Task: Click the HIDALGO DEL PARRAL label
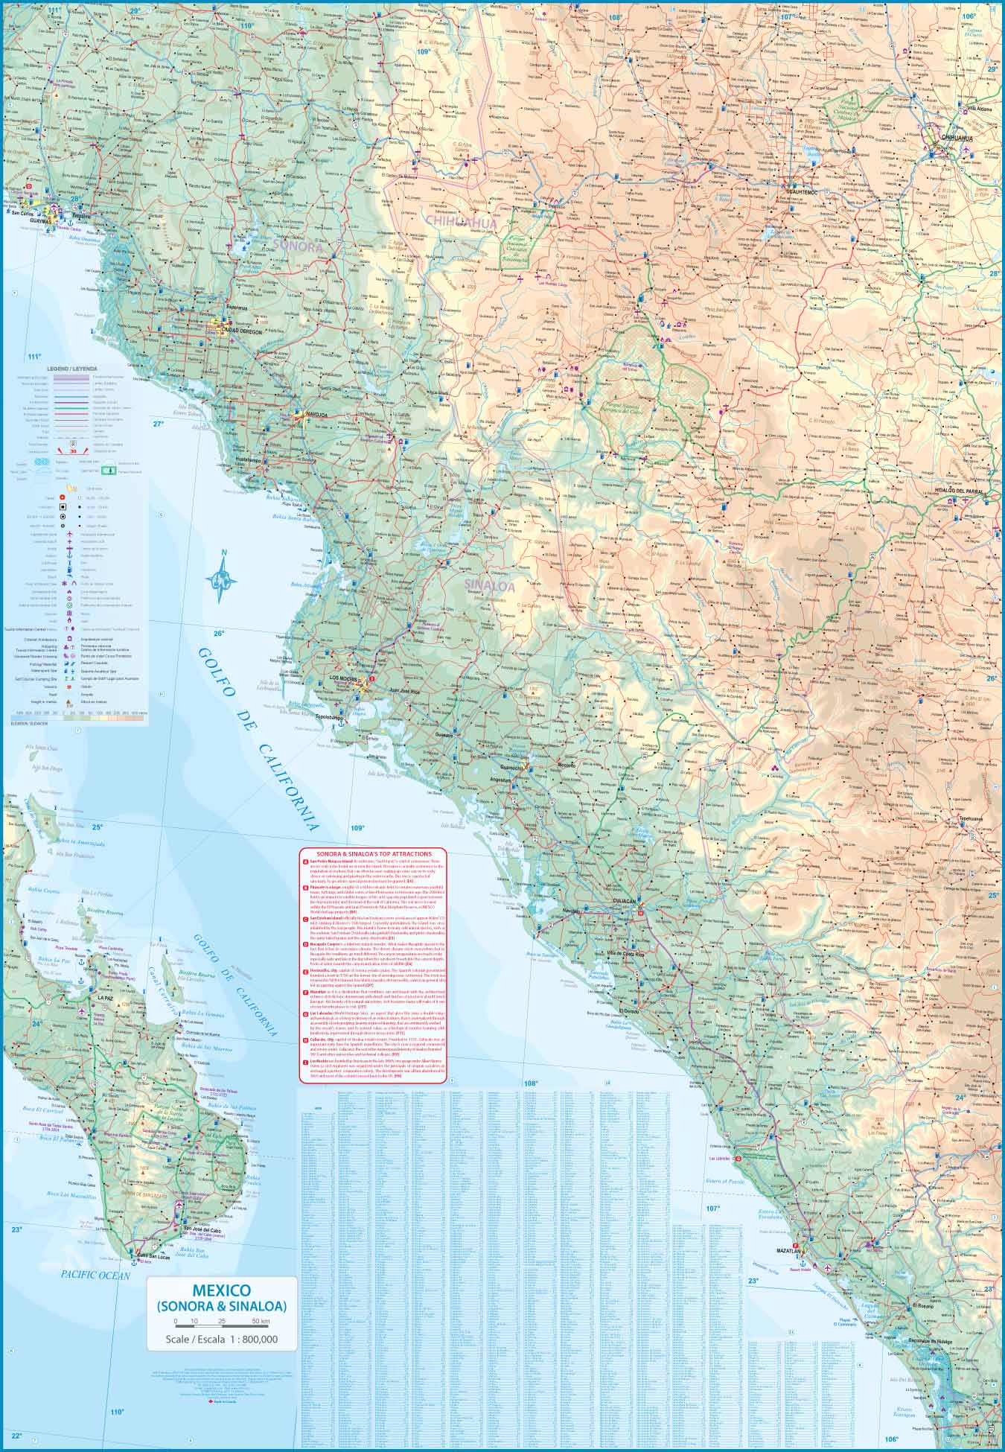[x=969, y=491]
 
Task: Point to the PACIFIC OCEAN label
[x=95, y=1276]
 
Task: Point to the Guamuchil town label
[x=513, y=767]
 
